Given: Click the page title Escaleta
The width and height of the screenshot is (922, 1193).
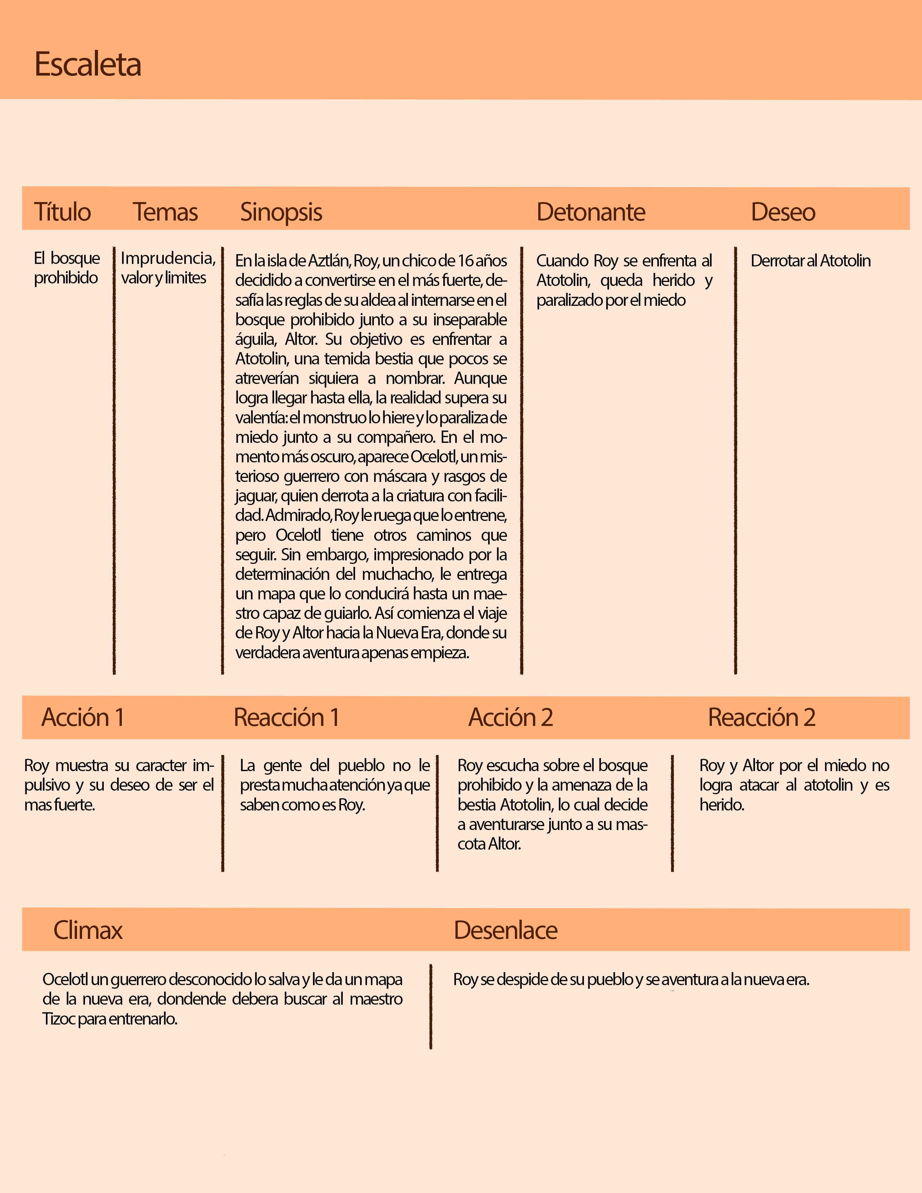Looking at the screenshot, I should click(88, 64).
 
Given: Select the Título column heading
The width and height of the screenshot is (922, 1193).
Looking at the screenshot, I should click(62, 212).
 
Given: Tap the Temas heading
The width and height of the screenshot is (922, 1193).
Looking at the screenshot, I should click(165, 212).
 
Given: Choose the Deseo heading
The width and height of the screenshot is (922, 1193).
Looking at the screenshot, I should click(783, 212).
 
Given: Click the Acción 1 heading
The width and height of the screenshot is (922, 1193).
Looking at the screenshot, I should click(83, 717).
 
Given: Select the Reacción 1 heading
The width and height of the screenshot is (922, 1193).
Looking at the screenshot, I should click(286, 717).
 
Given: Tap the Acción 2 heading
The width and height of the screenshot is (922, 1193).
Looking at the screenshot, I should click(511, 717).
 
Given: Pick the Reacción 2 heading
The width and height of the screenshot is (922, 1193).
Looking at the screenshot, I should click(761, 717).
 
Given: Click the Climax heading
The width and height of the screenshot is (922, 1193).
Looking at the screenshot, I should click(88, 930).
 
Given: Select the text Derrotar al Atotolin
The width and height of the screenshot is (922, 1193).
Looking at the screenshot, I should click(811, 261).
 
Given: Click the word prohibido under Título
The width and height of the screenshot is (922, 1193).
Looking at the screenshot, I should click(65, 278).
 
